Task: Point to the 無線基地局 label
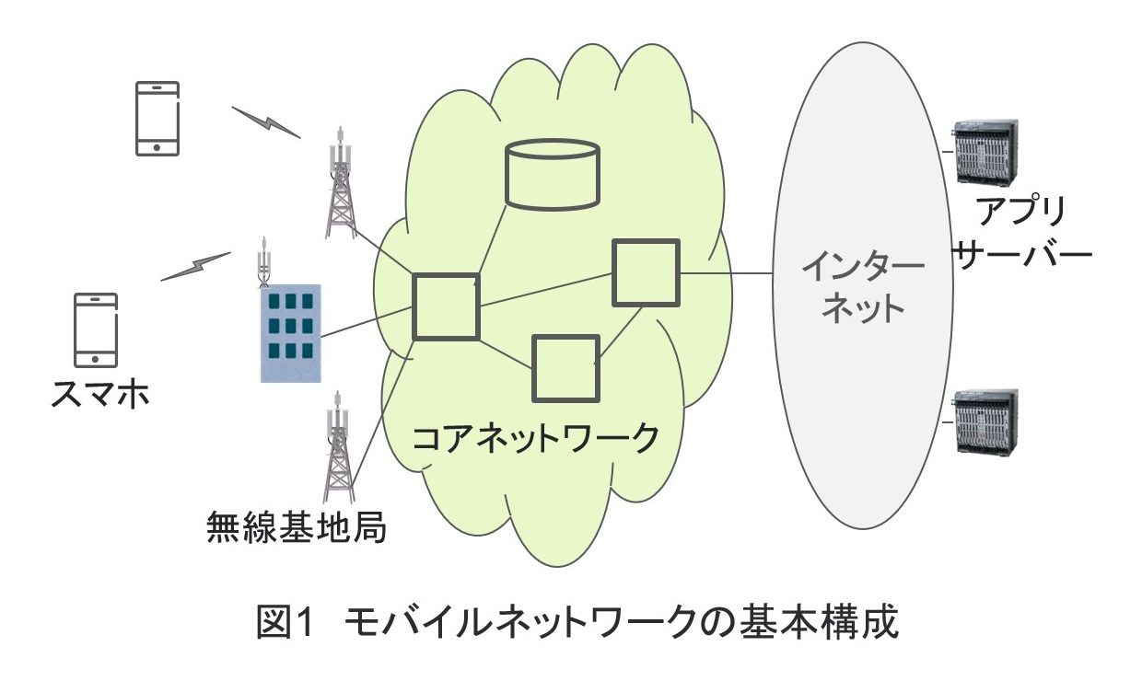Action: [295, 529]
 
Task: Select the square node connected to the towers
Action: [446, 306]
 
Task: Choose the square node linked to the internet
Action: [647, 272]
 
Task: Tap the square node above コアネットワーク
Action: [565, 367]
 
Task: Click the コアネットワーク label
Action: [535, 436]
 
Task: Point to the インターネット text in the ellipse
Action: [862, 288]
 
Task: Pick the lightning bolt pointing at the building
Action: [195, 266]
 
